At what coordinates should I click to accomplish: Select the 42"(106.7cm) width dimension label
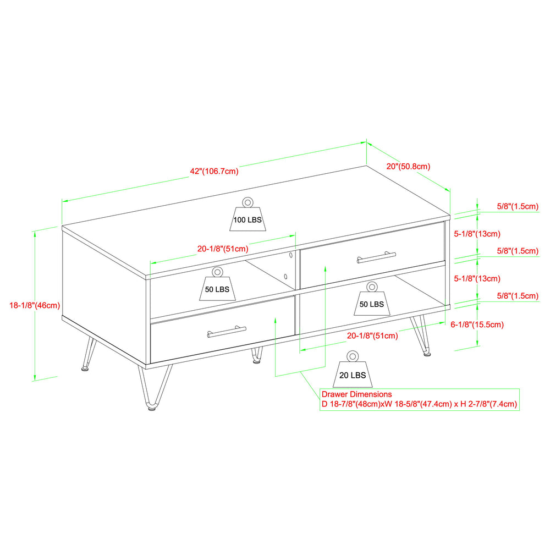click(214, 171)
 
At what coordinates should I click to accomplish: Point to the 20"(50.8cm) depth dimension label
click(408, 166)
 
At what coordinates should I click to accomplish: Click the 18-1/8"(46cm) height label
click(35, 305)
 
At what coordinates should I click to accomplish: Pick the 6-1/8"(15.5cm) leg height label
click(477, 324)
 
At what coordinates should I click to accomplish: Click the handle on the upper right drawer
click(376, 257)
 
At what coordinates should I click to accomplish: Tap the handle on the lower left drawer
click(227, 332)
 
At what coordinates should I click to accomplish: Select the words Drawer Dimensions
click(356, 394)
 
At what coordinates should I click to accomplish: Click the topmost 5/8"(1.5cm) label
click(518, 206)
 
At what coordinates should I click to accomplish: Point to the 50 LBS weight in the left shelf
click(217, 284)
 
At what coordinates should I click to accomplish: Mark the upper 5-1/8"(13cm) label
click(477, 234)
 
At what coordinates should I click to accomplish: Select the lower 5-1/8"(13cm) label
click(477, 279)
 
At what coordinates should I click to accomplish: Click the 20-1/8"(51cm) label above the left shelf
click(223, 249)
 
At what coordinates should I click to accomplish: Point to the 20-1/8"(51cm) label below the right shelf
click(372, 335)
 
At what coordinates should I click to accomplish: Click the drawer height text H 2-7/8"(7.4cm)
click(488, 404)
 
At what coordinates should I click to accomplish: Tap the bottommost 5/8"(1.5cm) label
click(518, 296)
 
